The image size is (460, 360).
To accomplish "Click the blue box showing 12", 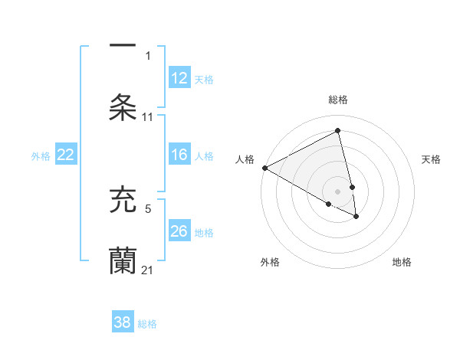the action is coord(179,78).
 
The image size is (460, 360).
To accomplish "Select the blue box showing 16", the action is coord(179,155).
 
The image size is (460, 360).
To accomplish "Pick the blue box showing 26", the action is coord(179,231).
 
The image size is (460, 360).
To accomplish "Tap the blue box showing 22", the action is coord(65,155).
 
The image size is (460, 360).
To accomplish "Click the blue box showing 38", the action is coord(123,322).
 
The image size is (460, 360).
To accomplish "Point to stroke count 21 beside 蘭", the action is coord(148,270).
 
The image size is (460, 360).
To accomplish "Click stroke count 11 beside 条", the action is coord(148,117).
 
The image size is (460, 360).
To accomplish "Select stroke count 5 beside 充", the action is coord(149,208).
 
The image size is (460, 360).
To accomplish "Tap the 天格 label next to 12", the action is coord(204,79).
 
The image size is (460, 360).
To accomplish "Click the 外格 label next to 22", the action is coord(41,155).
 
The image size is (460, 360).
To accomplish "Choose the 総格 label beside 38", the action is coord(147,323).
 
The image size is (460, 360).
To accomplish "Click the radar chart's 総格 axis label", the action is coord(338,100).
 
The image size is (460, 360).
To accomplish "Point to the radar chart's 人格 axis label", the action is coord(245,159).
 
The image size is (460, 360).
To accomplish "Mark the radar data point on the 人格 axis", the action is coord(264,168).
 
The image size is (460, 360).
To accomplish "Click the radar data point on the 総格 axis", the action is coord(338,131).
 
